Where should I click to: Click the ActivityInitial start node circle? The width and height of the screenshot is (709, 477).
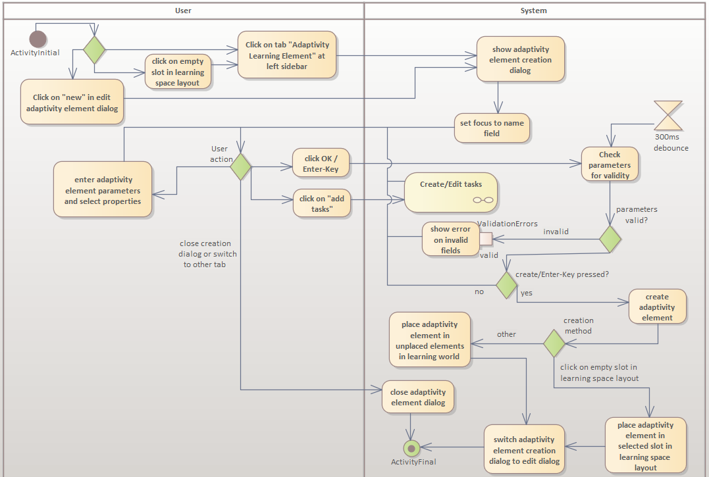38,39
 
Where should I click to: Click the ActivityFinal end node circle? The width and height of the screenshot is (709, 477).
412,449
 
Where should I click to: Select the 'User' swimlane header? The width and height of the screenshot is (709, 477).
183,11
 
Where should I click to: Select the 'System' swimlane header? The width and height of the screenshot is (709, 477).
533,11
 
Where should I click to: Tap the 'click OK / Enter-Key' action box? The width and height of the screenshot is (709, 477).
321,164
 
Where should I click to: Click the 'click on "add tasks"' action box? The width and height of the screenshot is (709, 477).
321,204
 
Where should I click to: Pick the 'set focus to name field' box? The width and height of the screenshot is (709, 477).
492,128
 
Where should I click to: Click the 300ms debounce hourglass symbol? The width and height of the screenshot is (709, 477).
668,116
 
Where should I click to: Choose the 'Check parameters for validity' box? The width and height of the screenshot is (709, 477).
610,164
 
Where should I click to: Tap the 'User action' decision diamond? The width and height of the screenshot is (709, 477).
241,166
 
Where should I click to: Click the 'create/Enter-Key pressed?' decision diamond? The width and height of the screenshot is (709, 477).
506,285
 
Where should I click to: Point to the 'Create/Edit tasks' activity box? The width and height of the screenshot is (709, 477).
451,192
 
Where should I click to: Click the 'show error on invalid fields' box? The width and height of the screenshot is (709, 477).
450,239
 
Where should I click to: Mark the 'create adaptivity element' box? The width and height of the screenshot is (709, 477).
657,307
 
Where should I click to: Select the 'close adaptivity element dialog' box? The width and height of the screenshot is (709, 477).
418,397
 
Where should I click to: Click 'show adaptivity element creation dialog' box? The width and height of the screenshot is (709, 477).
520,59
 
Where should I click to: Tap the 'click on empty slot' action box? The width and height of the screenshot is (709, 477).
178,72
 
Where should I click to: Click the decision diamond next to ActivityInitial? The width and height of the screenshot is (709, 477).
94,49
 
